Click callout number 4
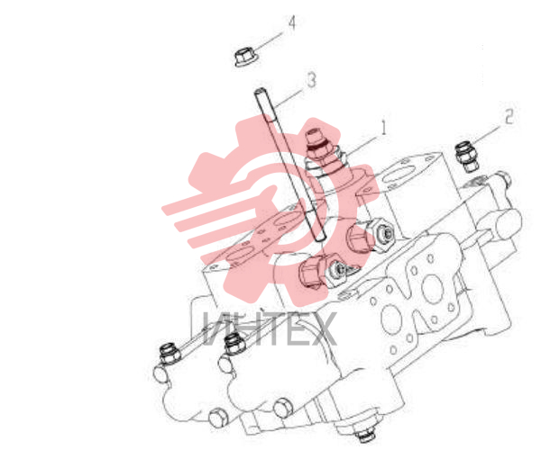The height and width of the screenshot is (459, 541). click(292, 23)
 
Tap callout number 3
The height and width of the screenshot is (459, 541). click(312, 80)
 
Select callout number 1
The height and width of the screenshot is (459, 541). click(384, 127)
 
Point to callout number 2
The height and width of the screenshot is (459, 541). click(509, 116)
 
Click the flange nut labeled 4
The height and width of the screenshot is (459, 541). click(246, 58)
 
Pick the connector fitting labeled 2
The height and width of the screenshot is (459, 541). click(466, 157)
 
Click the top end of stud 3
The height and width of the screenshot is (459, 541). click(259, 91)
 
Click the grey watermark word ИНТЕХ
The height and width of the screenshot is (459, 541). click(269, 328)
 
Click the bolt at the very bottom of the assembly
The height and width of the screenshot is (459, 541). click(365, 436)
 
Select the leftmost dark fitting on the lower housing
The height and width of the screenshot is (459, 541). click(170, 354)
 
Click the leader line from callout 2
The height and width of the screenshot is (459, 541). click(488, 135)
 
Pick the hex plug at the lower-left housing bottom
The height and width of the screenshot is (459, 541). click(218, 418)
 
